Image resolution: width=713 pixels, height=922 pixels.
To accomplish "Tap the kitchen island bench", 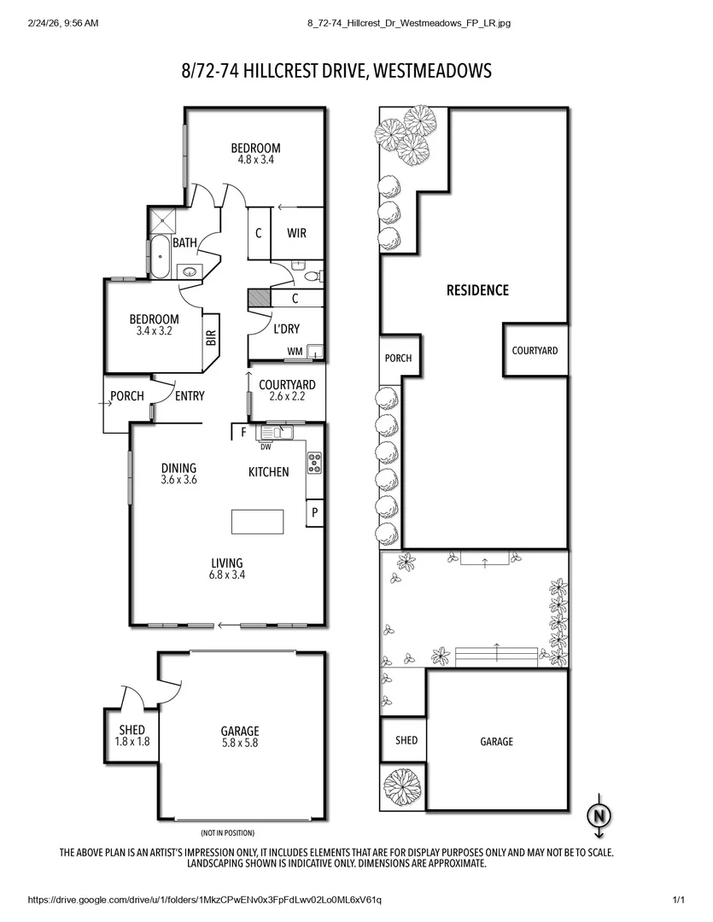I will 258,520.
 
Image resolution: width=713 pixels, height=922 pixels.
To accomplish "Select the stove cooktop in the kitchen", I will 313,462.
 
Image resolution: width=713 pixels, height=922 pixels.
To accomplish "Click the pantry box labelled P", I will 314,513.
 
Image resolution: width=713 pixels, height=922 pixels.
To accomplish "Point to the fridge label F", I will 243,433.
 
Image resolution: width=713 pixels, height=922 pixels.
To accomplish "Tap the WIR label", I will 296,233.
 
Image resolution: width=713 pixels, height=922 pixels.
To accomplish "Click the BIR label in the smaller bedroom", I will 210,338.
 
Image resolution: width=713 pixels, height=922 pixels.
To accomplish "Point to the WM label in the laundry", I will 295,351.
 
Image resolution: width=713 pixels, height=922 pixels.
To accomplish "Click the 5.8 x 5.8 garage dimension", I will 239,743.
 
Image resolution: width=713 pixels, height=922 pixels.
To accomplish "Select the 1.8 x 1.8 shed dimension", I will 132,742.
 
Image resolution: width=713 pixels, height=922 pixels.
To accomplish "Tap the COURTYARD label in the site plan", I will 535,350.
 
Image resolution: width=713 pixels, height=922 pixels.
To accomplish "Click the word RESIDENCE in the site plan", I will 477,290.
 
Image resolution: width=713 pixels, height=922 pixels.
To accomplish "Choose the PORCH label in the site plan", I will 398,358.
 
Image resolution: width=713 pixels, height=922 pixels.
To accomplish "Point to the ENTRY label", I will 190,395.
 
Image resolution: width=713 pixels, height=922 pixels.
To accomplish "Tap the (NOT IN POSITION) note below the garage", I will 227,832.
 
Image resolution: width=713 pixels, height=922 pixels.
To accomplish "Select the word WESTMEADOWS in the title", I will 432,71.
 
